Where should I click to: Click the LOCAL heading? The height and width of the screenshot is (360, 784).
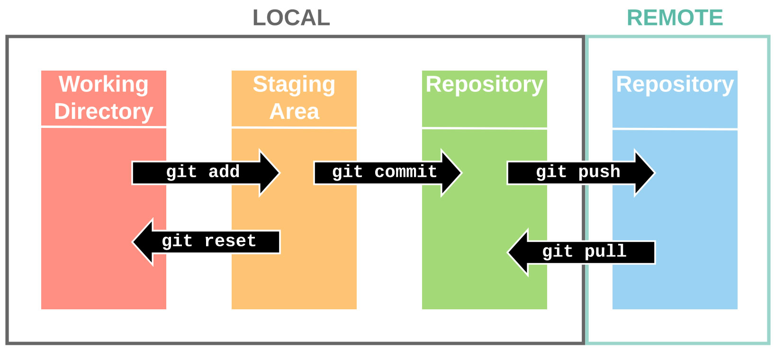pyautogui.click(x=291, y=18)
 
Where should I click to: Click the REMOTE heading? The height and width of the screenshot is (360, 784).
pyautogui.click(x=674, y=18)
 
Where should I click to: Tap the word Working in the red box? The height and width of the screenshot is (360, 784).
pyautogui.click(x=103, y=84)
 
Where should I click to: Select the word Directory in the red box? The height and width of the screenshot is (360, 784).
pyautogui.click(x=103, y=112)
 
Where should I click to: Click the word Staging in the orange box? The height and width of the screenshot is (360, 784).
pyautogui.click(x=294, y=84)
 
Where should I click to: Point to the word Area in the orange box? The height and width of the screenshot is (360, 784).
pyautogui.click(x=294, y=112)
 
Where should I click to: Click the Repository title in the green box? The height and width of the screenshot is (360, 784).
pyautogui.click(x=484, y=84)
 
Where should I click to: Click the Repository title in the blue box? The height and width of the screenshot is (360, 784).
pyautogui.click(x=675, y=84)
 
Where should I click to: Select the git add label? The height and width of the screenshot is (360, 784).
pyautogui.click(x=203, y=172)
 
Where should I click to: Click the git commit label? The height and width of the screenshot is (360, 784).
pyautogui.click(x=384, y=172)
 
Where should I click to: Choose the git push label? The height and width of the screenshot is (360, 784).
pyautogui.click(x=578, y=172)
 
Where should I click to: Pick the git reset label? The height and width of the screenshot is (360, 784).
pyautogui.click(x=209, y=241)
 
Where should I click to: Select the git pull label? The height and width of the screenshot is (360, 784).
pyautogui.click(x=584, y=252)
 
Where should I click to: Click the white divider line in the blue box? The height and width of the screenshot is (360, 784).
pyautogui.click(x=675, y=128)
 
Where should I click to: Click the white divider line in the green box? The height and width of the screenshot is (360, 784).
pyautogui.click(x=484, y=128)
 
